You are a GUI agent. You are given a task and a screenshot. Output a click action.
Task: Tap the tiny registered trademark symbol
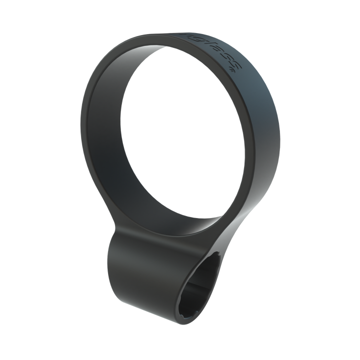(x=231, y=70)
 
